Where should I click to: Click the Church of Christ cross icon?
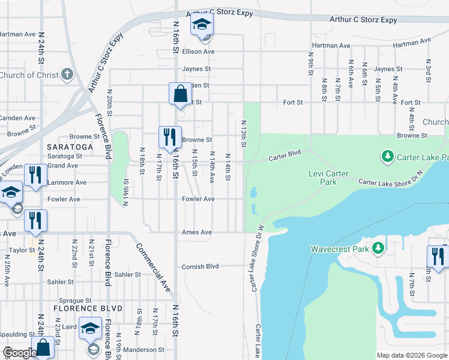pos(67,76)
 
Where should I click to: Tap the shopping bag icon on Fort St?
pos(180,94)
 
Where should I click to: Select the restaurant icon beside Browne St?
pos(169,137)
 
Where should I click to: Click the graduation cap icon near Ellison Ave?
pos(202,25)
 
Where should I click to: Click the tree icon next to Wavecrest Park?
pos(378,248)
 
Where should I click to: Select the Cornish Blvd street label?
pos(200,266)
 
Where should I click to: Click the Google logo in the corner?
pos(20,353)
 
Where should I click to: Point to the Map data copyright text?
pos(411,355)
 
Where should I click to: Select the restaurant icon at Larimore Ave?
pos(35,175)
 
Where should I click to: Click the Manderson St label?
pos(144,349)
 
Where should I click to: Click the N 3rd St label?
pos(428,70)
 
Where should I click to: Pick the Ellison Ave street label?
pos(198,52)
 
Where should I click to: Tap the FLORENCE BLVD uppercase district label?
pos(88,308)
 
